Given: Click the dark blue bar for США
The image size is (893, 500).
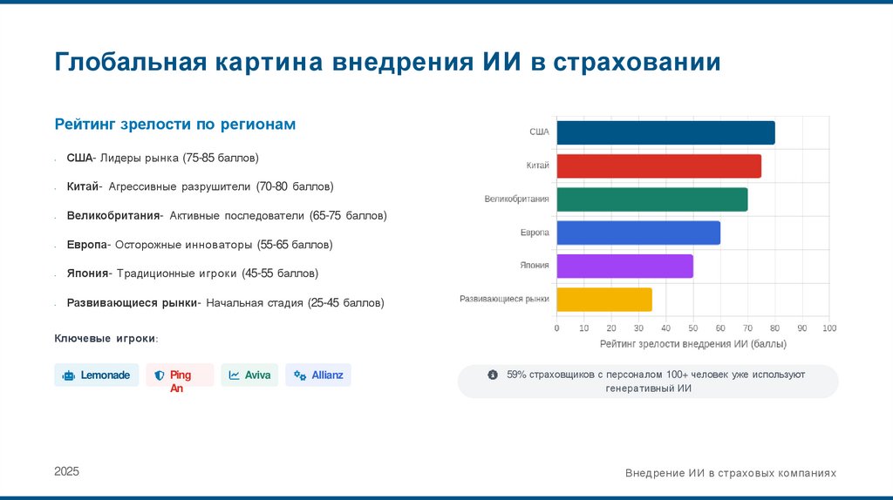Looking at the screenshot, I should click(x=665, y=132).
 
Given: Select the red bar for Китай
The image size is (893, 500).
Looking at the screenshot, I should click(x=658, y=166).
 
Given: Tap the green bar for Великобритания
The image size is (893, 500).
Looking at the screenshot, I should click(x=651, y=199).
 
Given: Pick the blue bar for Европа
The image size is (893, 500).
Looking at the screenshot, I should click(x=638, y=233).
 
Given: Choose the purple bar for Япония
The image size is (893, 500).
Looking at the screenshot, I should click(x=624, y=266).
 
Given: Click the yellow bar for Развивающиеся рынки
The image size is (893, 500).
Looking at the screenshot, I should click(x=604, y=300).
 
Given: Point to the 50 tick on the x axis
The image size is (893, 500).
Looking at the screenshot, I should click(x=693, y=328).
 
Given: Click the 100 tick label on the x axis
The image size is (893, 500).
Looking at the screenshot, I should click(x=828, y=328).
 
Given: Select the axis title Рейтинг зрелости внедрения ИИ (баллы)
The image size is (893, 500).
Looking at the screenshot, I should click(x=693, y=344).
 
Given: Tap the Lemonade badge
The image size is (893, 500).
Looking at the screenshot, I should click(x=97, y=375).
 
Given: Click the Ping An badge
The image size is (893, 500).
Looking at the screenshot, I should click(x=180, y=375).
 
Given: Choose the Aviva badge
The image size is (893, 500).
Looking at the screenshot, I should click(x=249, y=375).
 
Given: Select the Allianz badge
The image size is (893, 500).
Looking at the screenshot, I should click(x=318, y=375).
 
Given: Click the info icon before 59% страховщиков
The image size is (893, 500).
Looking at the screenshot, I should click(x=493, y=375).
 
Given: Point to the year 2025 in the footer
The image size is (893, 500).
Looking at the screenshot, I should click(x=66, y=471).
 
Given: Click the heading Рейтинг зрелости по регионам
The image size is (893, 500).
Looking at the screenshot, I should click(x=175, y=125).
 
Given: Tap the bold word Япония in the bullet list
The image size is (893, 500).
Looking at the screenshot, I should click(x=87, y=274).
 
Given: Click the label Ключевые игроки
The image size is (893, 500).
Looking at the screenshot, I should click(x=106, y=338).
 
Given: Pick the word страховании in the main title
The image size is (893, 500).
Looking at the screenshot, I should click(x=637, y=63).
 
